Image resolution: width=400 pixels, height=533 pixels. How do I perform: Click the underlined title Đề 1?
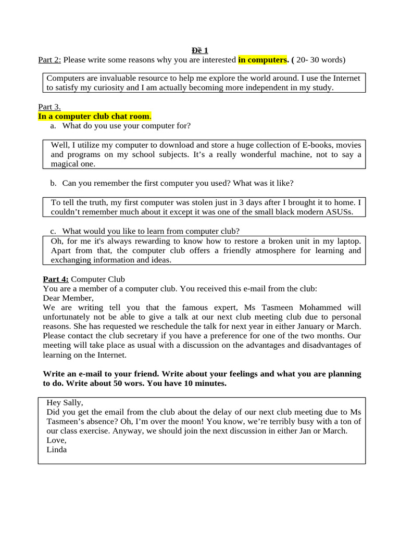tap(199, 50)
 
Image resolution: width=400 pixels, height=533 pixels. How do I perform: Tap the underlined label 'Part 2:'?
tap(49, 60)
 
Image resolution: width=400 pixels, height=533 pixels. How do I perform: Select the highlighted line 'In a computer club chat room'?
tap(94, 116)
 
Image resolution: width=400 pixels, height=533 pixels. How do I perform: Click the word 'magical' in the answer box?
tap(66, 163)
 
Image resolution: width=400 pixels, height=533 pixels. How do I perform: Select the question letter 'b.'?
tap(53, 183)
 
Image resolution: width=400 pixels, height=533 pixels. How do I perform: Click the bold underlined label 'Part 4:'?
tap(56, 280)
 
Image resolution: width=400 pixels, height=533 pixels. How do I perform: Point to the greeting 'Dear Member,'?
tap(68, 298)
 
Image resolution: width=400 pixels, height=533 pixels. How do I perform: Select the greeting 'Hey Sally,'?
tap(65, 402)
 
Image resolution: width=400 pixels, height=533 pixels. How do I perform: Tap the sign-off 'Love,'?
tap(56, 440)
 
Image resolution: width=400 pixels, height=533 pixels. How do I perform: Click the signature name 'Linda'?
tap(57, 450)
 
